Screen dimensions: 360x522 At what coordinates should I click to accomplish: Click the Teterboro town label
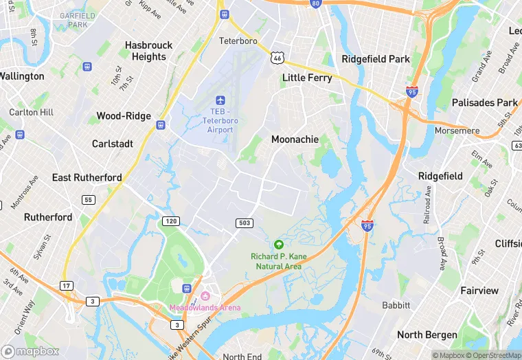[238, 41]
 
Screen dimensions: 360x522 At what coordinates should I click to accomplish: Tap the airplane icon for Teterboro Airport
[220, 101]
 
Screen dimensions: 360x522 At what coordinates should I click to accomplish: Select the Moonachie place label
[295, 139]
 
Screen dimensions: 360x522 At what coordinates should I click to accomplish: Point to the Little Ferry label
[307, 78]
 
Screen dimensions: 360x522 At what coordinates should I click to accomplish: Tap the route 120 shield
[171, 221]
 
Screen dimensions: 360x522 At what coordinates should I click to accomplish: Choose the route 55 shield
[88, 200]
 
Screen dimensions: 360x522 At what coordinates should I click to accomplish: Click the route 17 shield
[66, 286]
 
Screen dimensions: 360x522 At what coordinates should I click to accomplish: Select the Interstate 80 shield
[315, 3]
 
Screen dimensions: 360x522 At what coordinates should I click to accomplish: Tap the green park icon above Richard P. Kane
[278, 245]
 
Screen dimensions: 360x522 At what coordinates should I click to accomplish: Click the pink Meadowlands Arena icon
[204, 297]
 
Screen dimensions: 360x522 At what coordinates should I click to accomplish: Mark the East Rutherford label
[87, 177]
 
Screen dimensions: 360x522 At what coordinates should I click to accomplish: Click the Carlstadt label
[112, 144]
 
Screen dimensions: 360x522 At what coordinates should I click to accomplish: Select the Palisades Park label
[484, 102]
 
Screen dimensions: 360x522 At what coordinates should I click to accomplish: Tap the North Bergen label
[427, 335]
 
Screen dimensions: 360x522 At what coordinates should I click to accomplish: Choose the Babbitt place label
[396, 305]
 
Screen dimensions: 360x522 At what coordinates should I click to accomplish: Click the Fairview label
[479, 291]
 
